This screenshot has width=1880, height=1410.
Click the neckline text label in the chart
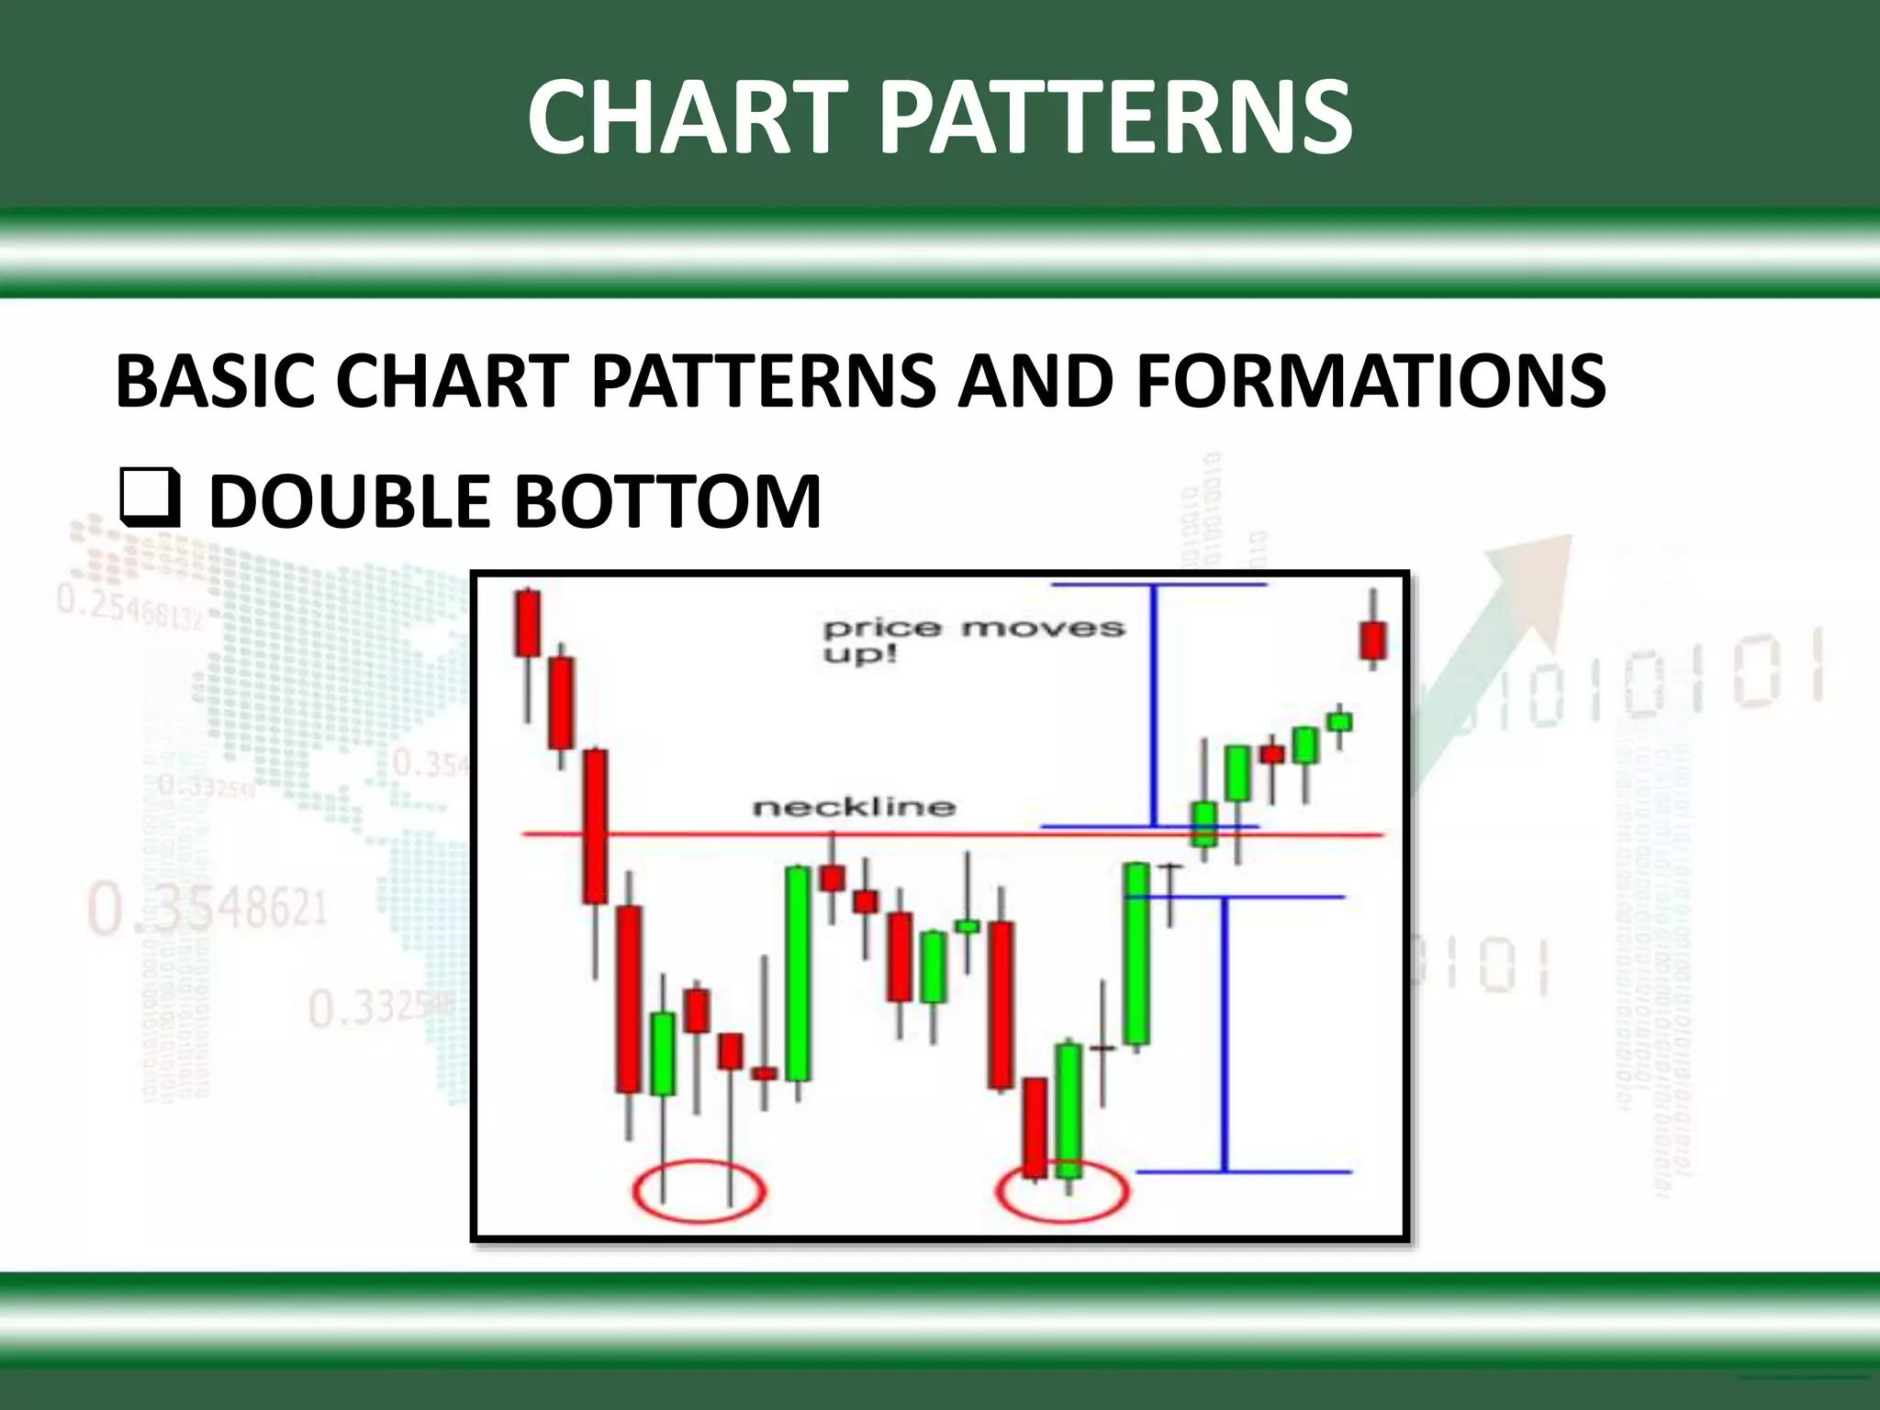(x=854, y=807)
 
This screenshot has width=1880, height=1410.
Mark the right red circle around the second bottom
(x=1062, y=1192)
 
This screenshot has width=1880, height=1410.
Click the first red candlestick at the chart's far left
(x=528, y=624)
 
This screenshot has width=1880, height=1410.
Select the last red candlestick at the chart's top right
(x=1373, y=641)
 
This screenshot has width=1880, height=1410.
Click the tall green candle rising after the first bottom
(x=798, y=973)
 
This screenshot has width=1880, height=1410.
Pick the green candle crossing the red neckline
(x=1204, y=823)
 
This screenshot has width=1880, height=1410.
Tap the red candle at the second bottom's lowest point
(x=1035, y=1127)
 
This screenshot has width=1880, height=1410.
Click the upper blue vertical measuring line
(x=1154, y=705)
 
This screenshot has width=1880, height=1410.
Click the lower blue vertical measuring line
(x=1224, y=1034)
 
